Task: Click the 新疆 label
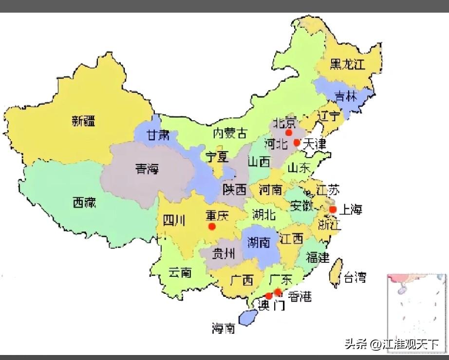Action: (84, 122)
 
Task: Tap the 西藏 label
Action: (84, 202)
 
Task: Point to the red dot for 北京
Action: (289, 132)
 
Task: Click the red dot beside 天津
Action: (297, 143)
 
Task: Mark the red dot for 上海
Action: (333, 210)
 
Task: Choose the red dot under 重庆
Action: (211, 226)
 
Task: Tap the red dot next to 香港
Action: (278, 292)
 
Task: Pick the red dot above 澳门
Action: (268, 296)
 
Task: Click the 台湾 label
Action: (355, 278)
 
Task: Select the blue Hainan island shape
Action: (250, 317)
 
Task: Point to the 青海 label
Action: (147, 169)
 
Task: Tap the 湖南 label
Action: (258, 242)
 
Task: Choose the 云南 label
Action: (180, 272)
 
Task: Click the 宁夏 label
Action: (216, 157)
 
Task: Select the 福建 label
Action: (318, 257)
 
